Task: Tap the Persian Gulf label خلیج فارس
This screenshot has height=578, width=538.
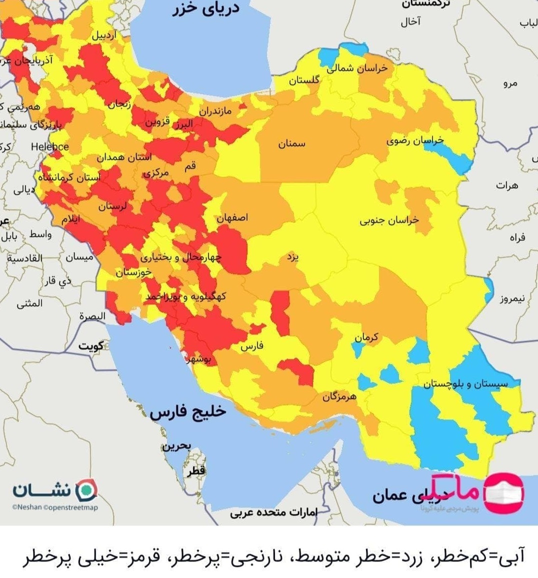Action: point(188,412)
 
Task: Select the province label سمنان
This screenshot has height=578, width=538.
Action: point(291,144)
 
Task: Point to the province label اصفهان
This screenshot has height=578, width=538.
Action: point(232,218)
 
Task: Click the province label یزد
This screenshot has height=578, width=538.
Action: point(293,257)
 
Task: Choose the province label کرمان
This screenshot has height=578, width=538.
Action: point(366,338)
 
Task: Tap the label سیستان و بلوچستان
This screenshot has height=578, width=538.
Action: point(465,383)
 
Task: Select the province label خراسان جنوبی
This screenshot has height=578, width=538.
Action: point(389,220)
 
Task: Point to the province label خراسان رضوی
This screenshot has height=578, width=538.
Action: point(414,141)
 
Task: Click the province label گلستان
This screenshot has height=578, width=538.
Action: point(303,80)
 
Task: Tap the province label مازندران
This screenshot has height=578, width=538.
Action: point(215,110)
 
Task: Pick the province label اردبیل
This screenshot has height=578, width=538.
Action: point(104,35)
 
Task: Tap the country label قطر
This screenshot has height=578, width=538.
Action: point(196,471)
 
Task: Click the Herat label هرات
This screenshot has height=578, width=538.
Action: point(507,185)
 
